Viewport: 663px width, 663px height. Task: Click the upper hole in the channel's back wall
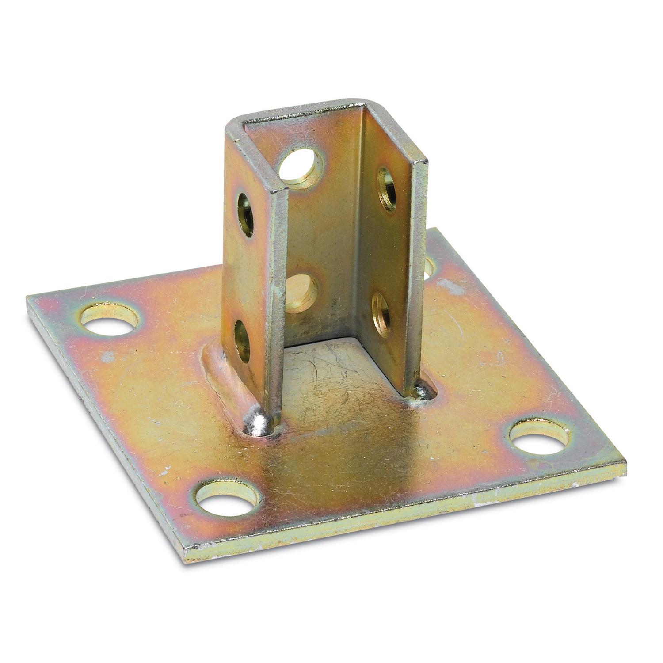[302, 168]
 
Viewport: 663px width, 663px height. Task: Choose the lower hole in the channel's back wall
[302, 292]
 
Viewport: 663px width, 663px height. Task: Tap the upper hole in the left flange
[245, 214]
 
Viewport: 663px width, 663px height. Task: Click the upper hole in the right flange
[387, 189]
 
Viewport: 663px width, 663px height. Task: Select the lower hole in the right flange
[381, 314]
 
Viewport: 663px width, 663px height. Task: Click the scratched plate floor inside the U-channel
[336, 376]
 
